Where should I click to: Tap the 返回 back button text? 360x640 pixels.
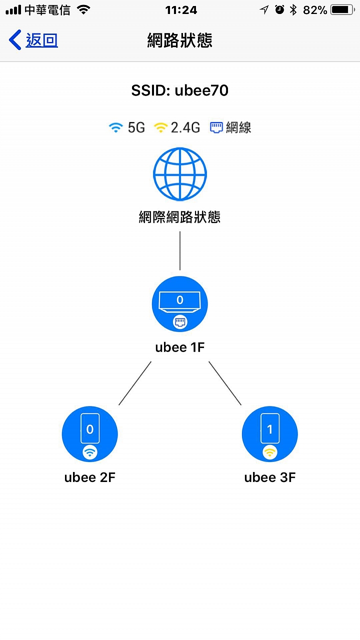click(x=41, y=40)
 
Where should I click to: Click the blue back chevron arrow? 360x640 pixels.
click(x=15, y=39)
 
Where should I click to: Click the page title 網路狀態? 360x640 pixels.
click(x=179, y=40)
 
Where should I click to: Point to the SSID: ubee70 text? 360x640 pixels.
click(x=179, y=90)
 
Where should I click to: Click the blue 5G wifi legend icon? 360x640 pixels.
click(x=115, y=127)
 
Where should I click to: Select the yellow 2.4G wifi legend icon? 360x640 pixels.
click(x=160, y=127)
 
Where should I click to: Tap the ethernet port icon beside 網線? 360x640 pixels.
click(x=216, y=127)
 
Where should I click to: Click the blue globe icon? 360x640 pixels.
click(x=180, y=173)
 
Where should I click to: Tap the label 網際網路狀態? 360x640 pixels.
click(x=179, y=217)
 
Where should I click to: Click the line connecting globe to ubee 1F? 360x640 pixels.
click(x=180, y=250)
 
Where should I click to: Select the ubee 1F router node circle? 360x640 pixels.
click(x=179, y=304)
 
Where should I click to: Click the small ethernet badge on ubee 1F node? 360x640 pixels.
click(x=180, y=322)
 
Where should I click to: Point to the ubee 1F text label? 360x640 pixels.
click(x=180, y=347)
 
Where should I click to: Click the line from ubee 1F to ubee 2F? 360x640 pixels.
click(x=135, y=383)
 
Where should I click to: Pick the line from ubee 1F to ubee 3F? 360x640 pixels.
click(x=225, y=383)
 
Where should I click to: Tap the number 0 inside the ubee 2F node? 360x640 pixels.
click(x=90, y=429)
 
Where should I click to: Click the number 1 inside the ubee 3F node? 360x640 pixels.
click(x=269, y=429)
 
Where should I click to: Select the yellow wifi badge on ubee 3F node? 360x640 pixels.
click(x=269, y=452)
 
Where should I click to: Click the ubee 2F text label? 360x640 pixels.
click(x=90, y=477)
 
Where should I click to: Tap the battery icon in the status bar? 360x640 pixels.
click(x=342, y=10)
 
